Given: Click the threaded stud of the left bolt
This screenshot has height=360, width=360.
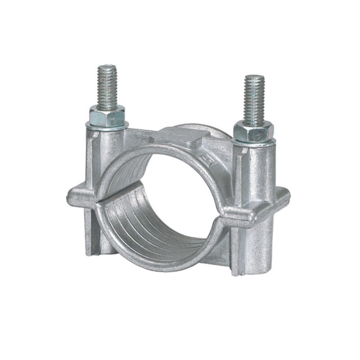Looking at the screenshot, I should (107, 88).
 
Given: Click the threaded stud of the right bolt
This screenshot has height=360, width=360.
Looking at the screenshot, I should (254, 99).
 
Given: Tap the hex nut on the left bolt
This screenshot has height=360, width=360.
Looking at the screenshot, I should (107, 116).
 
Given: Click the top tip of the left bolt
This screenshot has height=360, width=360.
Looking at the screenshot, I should (107, 68).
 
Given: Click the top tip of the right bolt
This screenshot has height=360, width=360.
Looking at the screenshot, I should (254, 77).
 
